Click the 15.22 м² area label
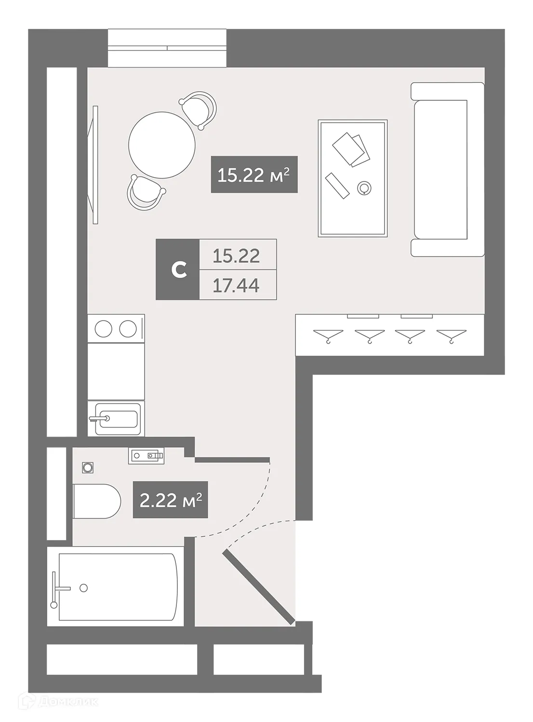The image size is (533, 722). (254, 175)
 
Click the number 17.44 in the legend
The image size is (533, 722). (237, 285)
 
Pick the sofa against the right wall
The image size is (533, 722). (447, 169)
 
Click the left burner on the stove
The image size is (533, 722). (104, 329)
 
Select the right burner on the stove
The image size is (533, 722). (128, 329)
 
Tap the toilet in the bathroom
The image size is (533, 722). (96, 501)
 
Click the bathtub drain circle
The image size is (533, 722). (84, 587)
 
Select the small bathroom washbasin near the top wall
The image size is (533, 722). (146, 455)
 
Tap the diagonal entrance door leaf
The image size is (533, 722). (259, 588)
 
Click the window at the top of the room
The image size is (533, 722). (167, 48)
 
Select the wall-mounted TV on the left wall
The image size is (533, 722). (94, 165)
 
